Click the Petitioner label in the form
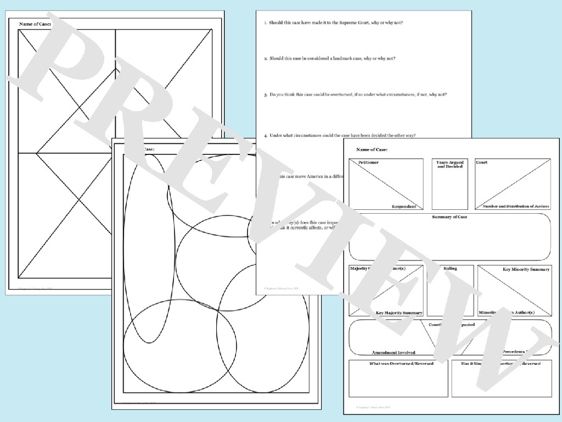point(368,163)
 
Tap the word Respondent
point(403,207)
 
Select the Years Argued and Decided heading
point(449,164)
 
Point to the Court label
point(481,163)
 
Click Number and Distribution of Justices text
point(515,207)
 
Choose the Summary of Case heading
point(449,217)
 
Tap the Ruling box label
point(450,269)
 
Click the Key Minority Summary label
point(526,269)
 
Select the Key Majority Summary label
point(399,313)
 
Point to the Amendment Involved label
point(394,352)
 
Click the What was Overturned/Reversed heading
point(394,364)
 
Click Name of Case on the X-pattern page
point(35,24)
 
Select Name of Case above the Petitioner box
point(372,149)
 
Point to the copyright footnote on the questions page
point(280,287)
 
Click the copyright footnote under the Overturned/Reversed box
point(373,407)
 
